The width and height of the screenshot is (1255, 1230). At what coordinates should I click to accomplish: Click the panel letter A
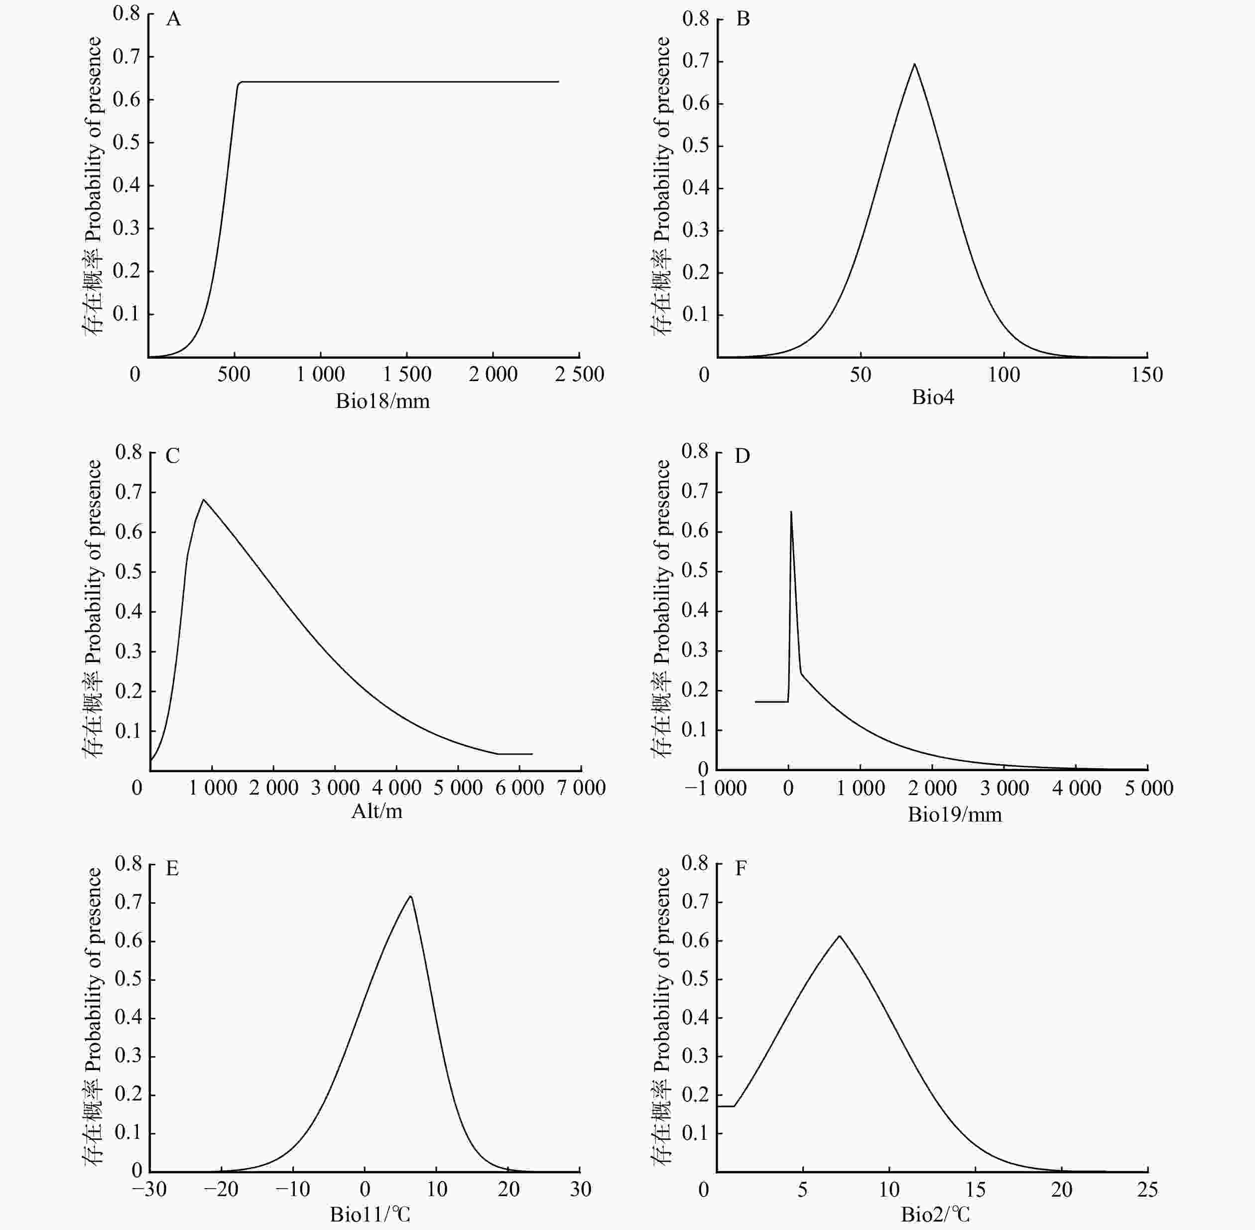(x=173, y=20)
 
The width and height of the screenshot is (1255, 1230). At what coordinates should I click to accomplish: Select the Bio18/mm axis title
(x=382, y=401)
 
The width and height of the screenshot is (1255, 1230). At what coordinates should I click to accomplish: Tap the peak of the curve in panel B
(x=914, y=64)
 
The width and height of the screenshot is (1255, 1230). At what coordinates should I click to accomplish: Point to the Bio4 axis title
(x=933, y=397)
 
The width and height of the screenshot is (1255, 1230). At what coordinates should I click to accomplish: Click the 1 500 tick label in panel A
(x=407, y=374)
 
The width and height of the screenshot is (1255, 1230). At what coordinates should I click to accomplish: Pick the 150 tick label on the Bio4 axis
(x=1146, y=375)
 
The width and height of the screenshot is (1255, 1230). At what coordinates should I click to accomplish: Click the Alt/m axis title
(x=376, y=811)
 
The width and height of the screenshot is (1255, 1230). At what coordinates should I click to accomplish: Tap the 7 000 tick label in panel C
(x=581, y=788)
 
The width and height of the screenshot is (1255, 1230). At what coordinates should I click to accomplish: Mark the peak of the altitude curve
(x=204, y=499)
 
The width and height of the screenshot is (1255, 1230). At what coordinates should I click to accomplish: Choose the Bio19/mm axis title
(x=955, y=815)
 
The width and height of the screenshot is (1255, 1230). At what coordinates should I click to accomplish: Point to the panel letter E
(x=172, y=868)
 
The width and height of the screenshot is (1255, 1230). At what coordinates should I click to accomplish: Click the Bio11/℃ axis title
(x=370, y=1215)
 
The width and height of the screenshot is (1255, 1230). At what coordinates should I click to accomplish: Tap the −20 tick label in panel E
(x=222, y=1189)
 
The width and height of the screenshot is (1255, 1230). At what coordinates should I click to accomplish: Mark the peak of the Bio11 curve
(x=411, y=896)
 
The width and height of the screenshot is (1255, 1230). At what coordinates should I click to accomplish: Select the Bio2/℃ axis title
(x=935, y=1215)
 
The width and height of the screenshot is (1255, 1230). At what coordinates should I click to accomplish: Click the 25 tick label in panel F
(x=1147, y=1189)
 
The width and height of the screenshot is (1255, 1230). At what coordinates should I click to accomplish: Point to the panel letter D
(x=742, y=456)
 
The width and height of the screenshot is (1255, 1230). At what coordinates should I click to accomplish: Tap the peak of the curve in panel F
(x=839, y=936)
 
